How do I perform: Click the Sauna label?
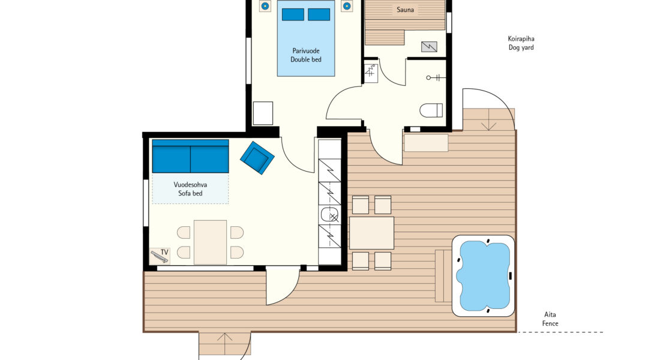[x=405, y=10]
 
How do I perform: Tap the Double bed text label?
[x=306, y=60]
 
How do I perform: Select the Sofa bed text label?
[x=190, y=194]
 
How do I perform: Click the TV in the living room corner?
[x=160, y=256]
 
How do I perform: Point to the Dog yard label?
[x=521, y=47]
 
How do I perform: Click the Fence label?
[x=550, y=323]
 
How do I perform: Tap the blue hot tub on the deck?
[x=484, y=276]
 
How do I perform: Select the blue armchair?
[x=257, y=157]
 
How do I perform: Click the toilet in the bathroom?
[x=431, y=110]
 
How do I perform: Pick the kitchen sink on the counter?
[x=330, y=215]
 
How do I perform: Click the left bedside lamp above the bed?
[x=265, y=6]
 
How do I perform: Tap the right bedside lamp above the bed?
[x=346, y=6]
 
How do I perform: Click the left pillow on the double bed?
[x=293, y=14]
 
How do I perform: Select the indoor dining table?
[x=211, y=242]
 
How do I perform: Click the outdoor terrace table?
[x=371, y=233]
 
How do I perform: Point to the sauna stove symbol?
[x=429, y=46]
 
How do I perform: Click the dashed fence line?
[x=560, y=332]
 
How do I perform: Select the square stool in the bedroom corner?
[x=263, y=113]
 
